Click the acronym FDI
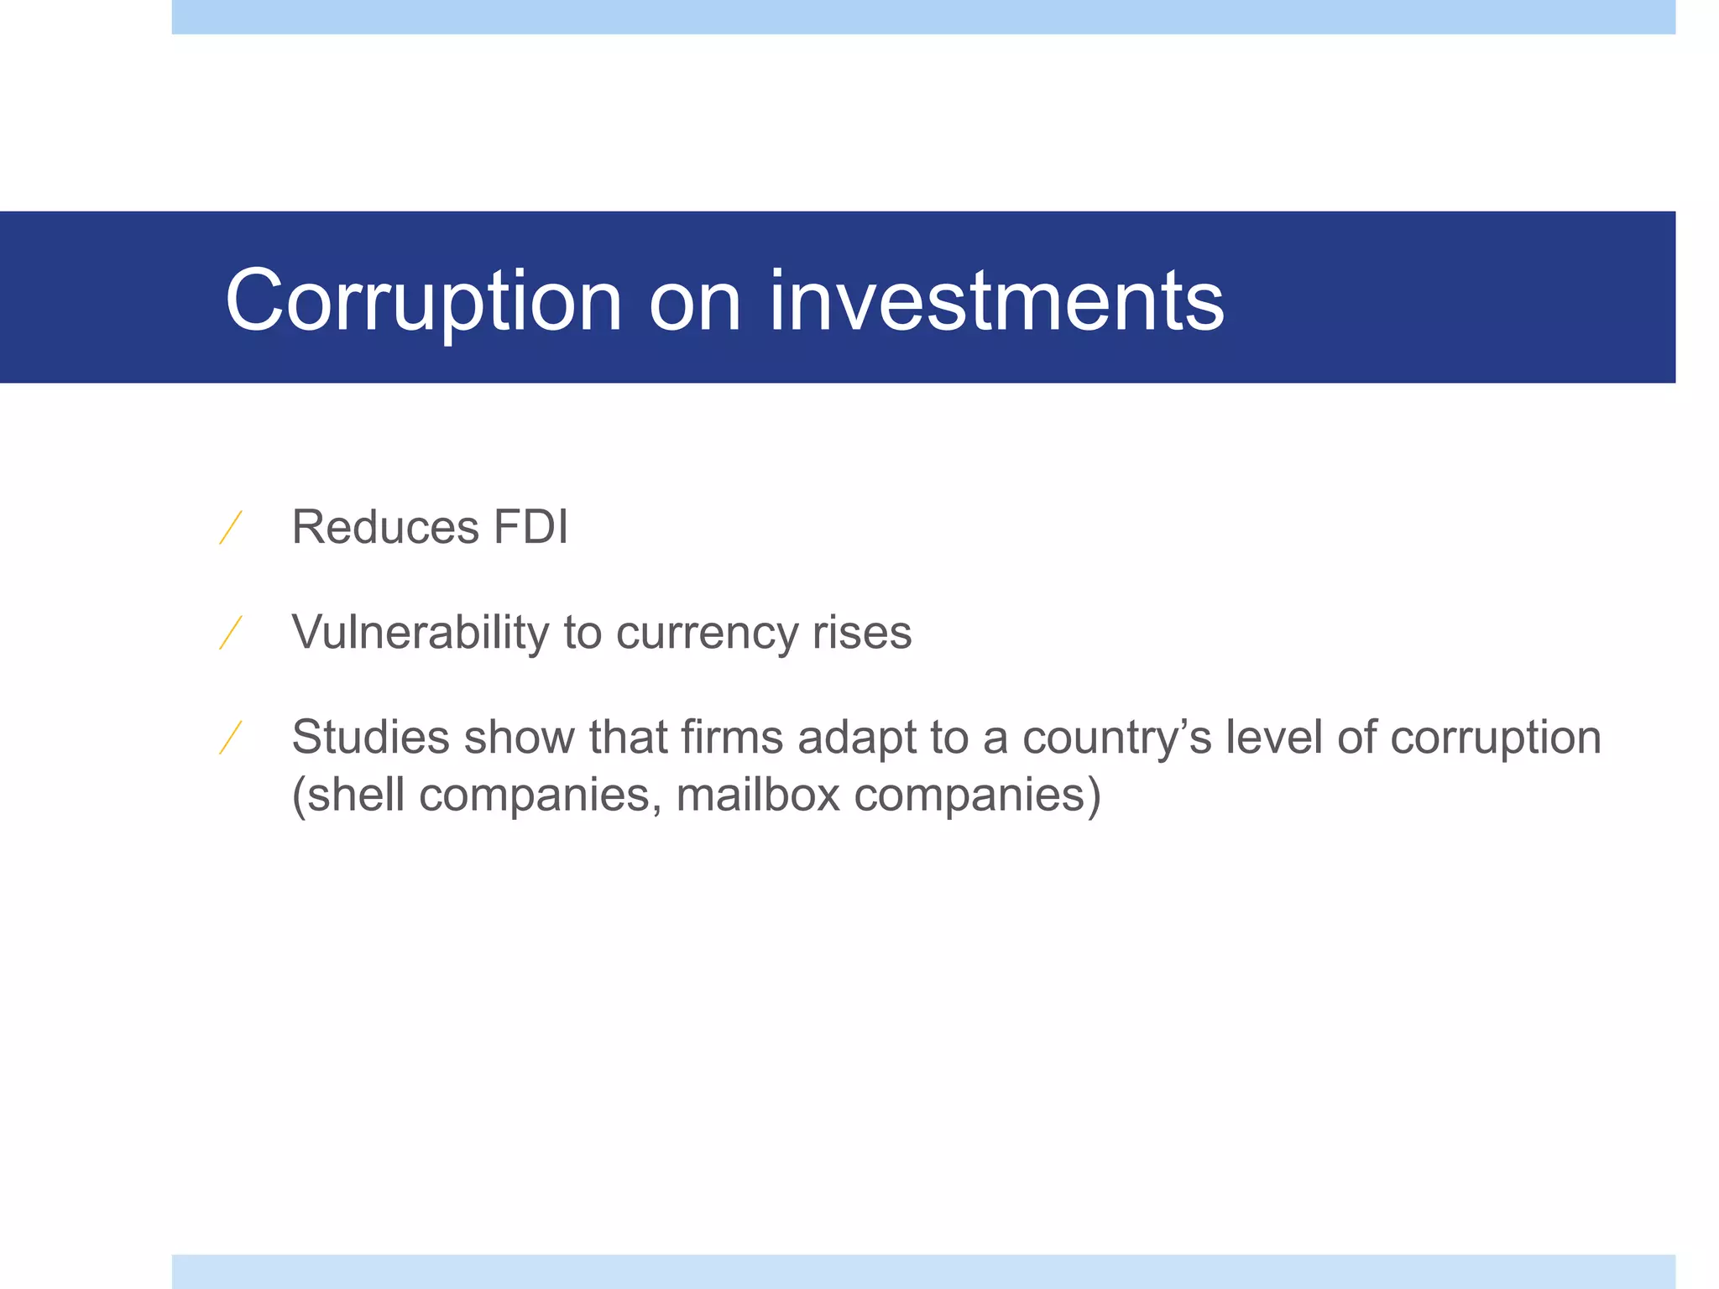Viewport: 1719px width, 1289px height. point(530,527)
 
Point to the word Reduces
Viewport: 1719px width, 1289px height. point(384,527)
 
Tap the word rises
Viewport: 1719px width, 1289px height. point(862,633)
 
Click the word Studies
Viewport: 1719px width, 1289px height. point(370,737)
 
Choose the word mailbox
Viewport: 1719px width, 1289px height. point(758,794)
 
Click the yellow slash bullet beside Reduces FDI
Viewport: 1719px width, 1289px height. point(231,528)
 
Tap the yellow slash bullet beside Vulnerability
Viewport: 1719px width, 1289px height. point(231,633)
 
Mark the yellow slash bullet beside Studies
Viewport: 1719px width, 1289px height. point(231,738)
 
